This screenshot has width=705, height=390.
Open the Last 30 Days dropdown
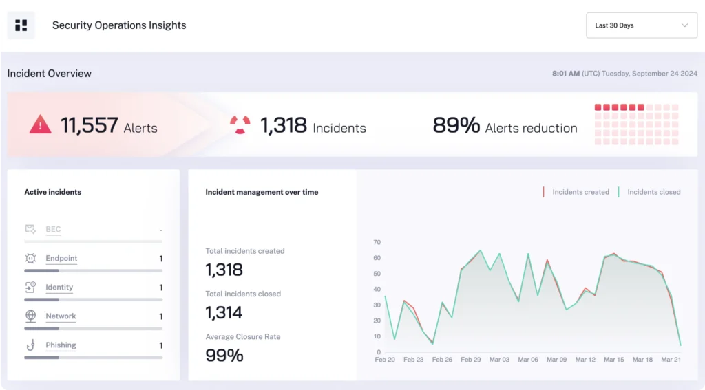click(x=641, y=25)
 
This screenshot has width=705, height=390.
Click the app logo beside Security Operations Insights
click(x=21, y=25)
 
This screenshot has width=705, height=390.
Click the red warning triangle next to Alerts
click(x=41, y=124)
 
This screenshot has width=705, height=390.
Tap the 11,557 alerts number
click(x=89, y=125)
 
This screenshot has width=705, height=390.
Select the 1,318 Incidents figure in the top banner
click(x=283, y=125)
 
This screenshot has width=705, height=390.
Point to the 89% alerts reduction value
click(x=456, y=125)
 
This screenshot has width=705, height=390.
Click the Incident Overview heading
click(x=50, y=74)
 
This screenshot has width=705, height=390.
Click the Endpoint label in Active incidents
click(x=61, y=259)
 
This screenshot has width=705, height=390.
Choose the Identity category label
click(x=59, y=288)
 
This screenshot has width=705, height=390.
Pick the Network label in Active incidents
click(x=61, y=316)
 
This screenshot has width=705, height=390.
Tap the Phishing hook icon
click(x=31, y=345)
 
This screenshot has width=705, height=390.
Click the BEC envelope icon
click(x=31, y=229)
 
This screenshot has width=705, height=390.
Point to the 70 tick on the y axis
click(x=377, y=242)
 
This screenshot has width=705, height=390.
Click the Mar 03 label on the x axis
click(x=499, y=360)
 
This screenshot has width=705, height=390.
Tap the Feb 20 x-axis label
click(x=385, y=360)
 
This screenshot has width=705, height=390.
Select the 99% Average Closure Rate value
click(x=224, y=356)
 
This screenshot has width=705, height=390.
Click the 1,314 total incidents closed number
click(x=224, y=313)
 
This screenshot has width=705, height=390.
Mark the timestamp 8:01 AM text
click(x=566, y=74)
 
